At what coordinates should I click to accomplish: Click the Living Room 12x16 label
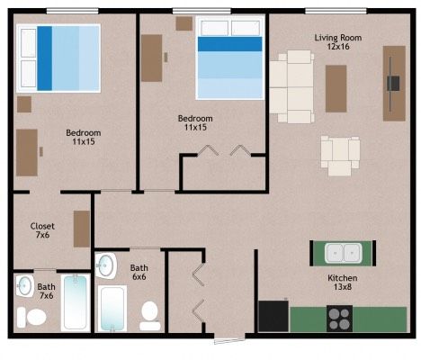coord(338,42)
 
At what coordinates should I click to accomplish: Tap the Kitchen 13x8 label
coord(343,283)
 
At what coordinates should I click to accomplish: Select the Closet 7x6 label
coord(42,230)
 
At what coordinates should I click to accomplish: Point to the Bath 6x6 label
coord(139,272)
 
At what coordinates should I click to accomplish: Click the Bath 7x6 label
coord(46,292)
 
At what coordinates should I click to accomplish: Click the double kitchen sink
coord(343,253)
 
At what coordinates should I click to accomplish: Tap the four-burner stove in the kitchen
coord(339,319)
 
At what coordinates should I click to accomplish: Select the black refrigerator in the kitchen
coord(273,316)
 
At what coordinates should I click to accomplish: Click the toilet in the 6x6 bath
coord(149,316)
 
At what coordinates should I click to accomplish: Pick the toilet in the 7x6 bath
coord(31,317)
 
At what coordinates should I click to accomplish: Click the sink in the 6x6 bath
coord(105,265)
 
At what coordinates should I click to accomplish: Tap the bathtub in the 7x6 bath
coord(76,302)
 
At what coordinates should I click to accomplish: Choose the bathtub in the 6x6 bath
coord(112,309)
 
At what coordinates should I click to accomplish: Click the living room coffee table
coord(336,88)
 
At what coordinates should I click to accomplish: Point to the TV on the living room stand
coord(393,83)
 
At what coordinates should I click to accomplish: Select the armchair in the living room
coord(340,156)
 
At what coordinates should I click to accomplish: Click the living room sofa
coord(291,86)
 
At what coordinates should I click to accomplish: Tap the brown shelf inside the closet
coord(82,229)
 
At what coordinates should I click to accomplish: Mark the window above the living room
coord(336,12)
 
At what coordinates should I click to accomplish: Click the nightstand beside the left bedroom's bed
coord(24,104)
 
